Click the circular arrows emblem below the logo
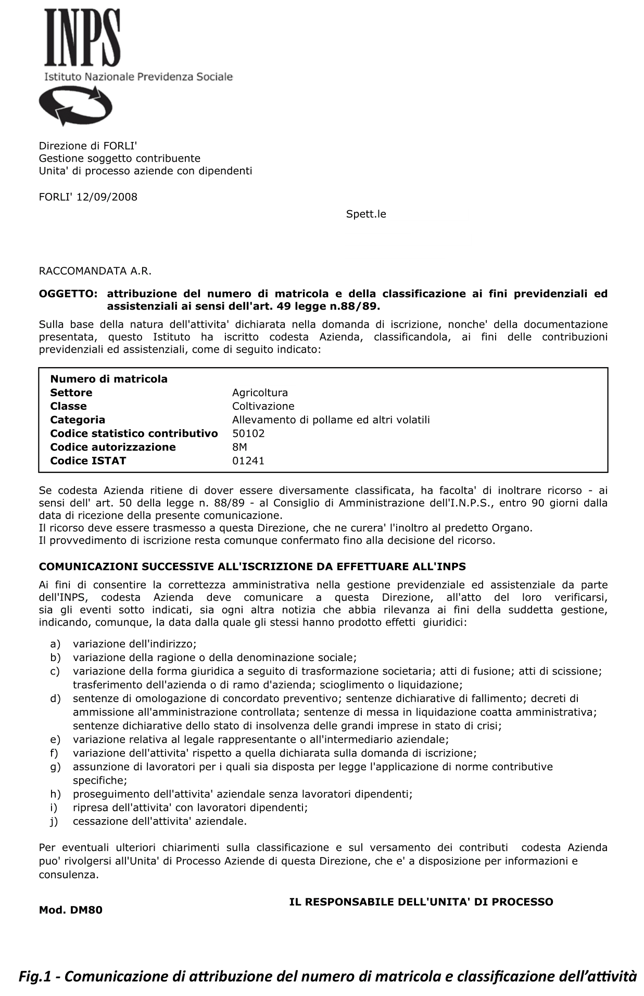(75, 106)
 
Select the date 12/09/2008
(107, 197)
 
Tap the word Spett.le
(366, 214)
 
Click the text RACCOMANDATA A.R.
(95, 271)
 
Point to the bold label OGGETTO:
(68, 294)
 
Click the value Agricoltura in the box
(260, 393)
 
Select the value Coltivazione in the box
(263, 406)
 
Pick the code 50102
(248, 433)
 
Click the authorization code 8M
(239, 447)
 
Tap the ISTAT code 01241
(248, 461)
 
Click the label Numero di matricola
(109, 379)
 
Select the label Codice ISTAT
(88, 461)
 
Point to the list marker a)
(55, 644)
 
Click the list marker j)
(54, 821)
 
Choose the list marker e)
(55, 740)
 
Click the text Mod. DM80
(71, 910)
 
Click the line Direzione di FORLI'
(88, 146)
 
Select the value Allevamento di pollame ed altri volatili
(331, 420)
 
